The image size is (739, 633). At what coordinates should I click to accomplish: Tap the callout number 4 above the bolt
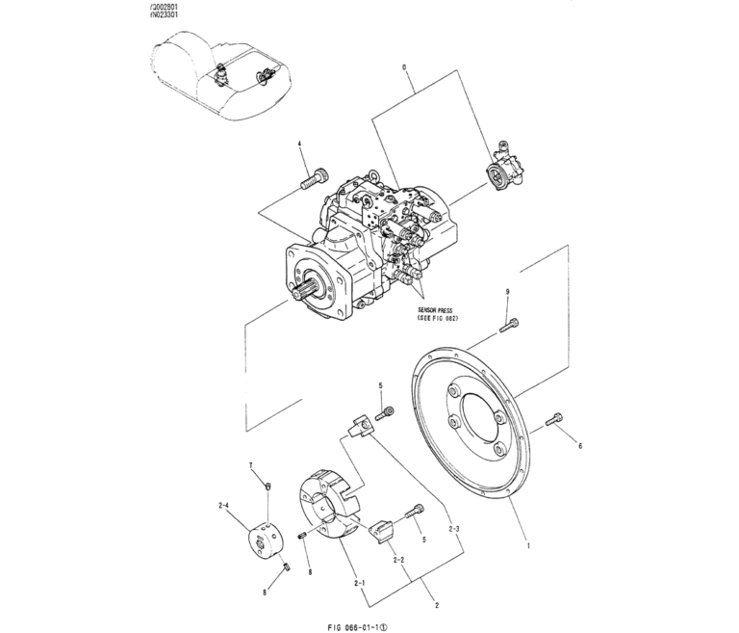299,145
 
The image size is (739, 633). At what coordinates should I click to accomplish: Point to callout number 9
508,291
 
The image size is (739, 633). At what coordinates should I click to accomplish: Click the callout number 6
579,446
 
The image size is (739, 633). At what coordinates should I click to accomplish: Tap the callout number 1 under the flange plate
526,545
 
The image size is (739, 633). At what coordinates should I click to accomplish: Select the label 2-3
454,529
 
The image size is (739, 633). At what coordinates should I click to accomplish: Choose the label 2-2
396,559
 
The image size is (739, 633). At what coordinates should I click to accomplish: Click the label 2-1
359,583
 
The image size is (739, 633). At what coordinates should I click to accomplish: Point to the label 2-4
224,504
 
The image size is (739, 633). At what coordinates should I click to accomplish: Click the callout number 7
252,465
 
